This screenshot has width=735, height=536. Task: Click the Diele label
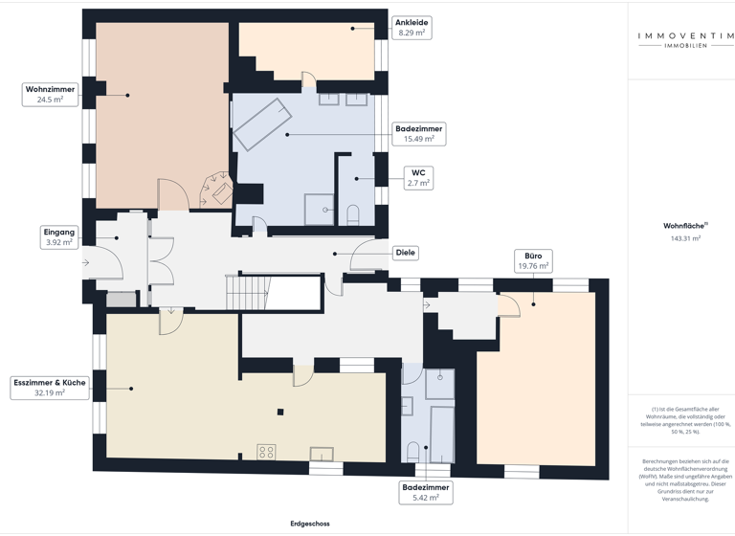406,254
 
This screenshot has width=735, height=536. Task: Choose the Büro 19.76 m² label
533,261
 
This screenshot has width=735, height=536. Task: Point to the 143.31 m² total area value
685,238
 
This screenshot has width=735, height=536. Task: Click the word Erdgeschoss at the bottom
310,525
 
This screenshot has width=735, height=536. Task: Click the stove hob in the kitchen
266,453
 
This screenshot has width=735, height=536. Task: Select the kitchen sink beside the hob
323,454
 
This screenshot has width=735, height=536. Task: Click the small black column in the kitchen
279,413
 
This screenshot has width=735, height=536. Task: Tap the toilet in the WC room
353,213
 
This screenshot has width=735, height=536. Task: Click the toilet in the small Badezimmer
413,451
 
